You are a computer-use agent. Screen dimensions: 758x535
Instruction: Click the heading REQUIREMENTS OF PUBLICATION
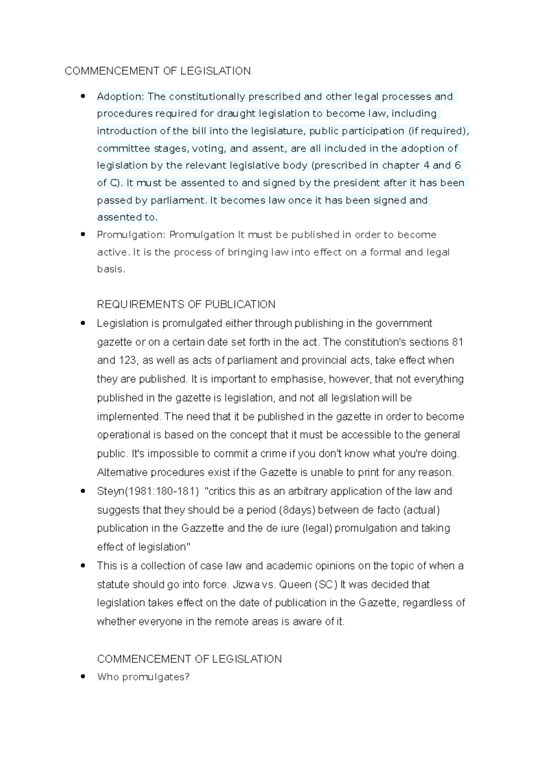tap(186, 304)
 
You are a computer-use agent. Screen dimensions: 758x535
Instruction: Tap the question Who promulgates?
tap(143, 677)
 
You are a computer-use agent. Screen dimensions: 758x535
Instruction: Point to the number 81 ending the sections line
tap(457, 342)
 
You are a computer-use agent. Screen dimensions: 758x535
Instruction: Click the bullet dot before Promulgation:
tap(82, 234)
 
